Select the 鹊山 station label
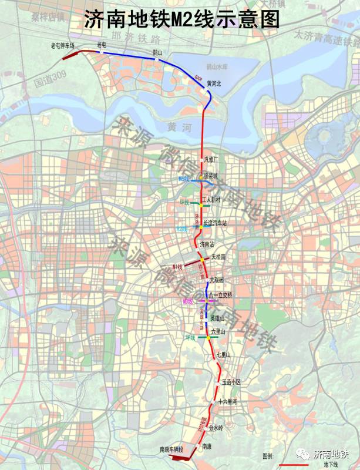pos(157,52)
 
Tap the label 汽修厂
pos(211,159)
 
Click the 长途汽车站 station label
pos(215,223)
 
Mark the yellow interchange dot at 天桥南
pos(201,259)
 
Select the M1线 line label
pos(177,267)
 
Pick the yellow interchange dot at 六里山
pos(208,337)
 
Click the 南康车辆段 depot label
pos(171,449)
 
